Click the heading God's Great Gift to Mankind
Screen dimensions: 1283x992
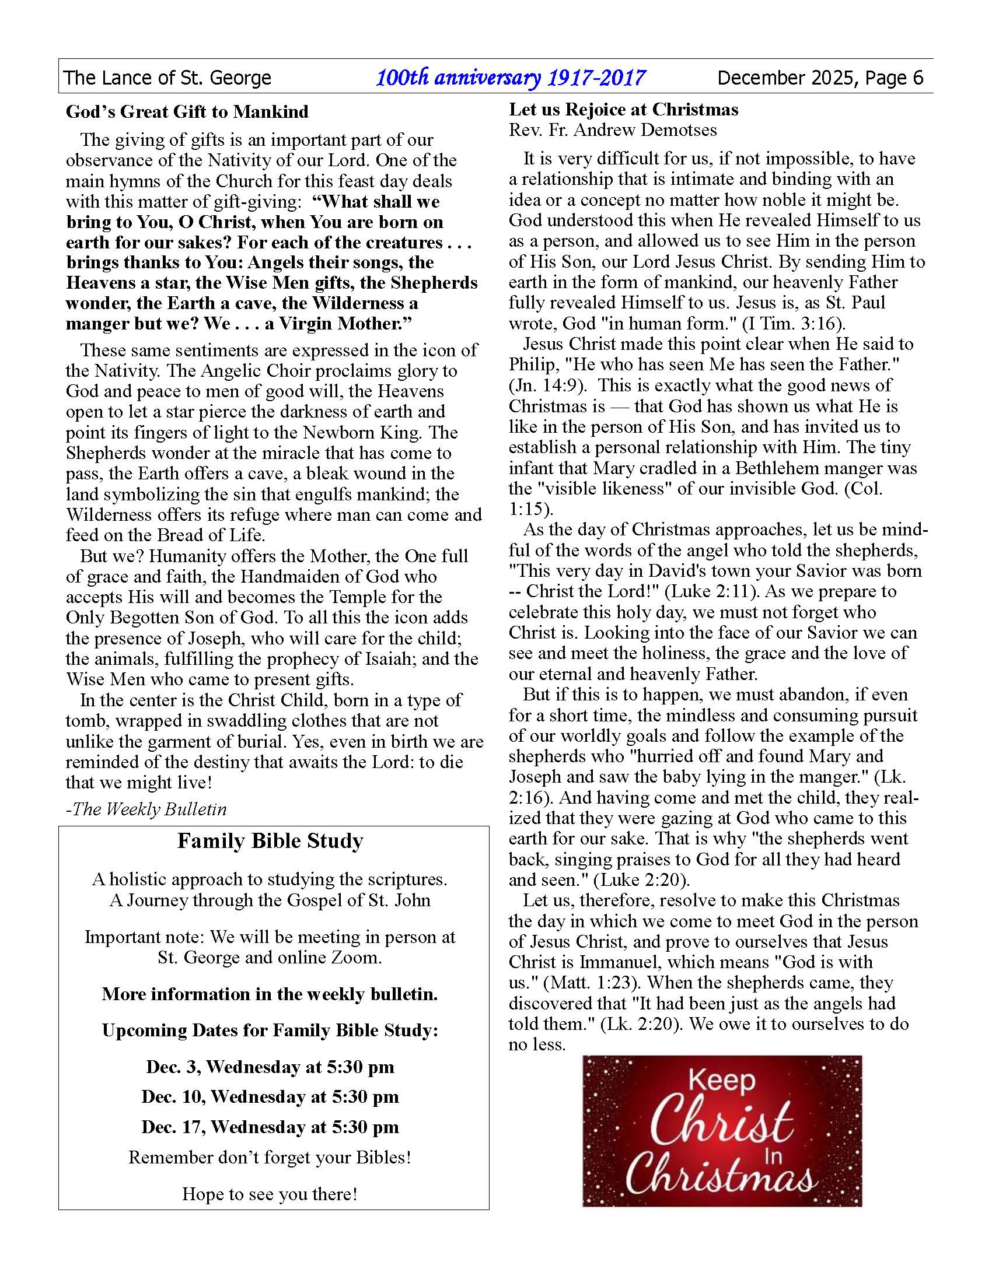pyautogui.click(x=187, y=111)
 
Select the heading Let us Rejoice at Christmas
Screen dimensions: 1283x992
pyautogui.click(x=624, y=109)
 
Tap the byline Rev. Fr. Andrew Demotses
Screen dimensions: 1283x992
pyautogui.click(x=612, y=130)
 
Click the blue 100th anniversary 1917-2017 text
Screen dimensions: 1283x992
pyautogui.click(x=511, y=78)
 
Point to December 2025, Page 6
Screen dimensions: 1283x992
pyautogui.click(x=820, y=78)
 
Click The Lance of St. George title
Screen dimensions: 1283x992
pyautogui.click(x=167, y=78)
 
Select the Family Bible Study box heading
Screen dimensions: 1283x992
pyautogui.click(x=270, y=841)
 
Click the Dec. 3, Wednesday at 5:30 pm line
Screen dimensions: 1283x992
pyautogui.click(x=270, y=1067)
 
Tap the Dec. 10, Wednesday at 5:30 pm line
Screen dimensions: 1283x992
pyautogui.click(x=270, y=1097)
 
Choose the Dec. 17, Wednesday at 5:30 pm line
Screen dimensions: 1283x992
pyautogui.click(x=270, y=1127)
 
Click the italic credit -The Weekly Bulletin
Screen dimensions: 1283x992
pyautogui.click(x=146, y=809)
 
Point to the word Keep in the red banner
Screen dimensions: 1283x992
pyautogui.click(x=722, y=1081)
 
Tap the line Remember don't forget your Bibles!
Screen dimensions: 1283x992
pyautogui.click(x=270, y=1157)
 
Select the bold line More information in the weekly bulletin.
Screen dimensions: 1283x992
pyautogui.click(x=270, y=994)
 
